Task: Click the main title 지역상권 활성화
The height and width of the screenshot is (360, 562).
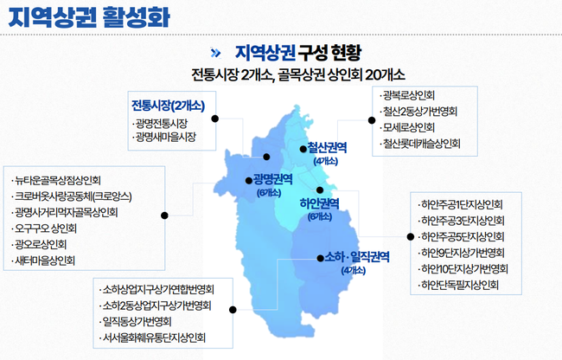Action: (89, 16)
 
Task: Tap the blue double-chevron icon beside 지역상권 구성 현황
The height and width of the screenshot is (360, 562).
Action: (215, 53)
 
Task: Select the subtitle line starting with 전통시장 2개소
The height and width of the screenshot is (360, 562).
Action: (298, 74)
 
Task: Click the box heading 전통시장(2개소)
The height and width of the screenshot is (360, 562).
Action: (168, 106)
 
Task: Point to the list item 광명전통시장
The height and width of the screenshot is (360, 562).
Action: (162, 124)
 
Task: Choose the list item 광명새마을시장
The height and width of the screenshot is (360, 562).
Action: (166, 137)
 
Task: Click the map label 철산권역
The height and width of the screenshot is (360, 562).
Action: (327, 147)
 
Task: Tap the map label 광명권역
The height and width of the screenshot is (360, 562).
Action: (272, 179)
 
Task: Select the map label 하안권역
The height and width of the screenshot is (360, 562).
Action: (319, 203)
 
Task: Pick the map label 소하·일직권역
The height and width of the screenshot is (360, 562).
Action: (356, 257)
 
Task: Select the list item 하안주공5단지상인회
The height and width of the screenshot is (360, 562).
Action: (463, 236)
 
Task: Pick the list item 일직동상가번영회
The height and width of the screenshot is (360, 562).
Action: (137, 322)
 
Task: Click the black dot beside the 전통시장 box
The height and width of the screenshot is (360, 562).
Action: (215, 119)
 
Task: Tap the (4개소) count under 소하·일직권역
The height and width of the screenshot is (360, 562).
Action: (354, 270)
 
